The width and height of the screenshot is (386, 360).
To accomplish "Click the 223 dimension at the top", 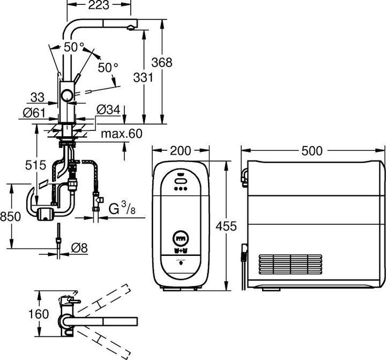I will coord(99,6).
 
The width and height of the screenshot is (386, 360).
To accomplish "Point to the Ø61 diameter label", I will coord(33,113).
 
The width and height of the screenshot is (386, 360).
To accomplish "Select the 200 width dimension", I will coord(180,151).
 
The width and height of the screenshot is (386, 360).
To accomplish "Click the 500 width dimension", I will coord(312,151).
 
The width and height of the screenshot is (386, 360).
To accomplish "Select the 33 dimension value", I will coord(38,97).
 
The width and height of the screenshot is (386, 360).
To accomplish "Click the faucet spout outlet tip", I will coord(131,27).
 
